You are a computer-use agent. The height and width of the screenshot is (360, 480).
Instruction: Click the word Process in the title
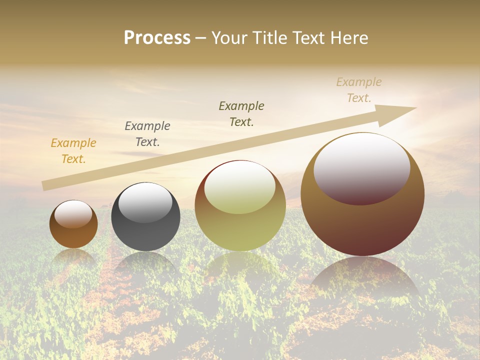157,38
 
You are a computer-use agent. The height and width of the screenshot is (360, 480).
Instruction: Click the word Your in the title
230,38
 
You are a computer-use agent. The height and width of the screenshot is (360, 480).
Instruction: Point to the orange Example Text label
73,151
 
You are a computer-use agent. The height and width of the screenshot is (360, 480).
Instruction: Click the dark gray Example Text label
147,134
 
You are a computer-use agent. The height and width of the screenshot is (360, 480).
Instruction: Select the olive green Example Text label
241,114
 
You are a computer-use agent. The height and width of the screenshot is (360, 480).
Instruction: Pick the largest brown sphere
362,225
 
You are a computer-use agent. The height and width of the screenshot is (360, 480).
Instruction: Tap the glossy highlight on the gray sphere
145,202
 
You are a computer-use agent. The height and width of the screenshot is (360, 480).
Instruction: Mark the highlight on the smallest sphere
73,214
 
